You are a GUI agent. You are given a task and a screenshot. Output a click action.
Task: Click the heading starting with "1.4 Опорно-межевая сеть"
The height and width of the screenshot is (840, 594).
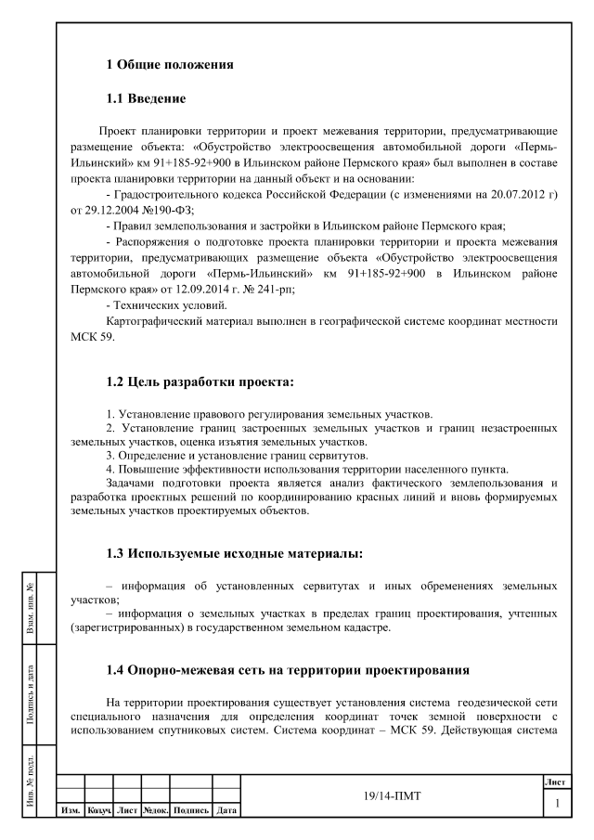pyautogui.click(x=267, y=670)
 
